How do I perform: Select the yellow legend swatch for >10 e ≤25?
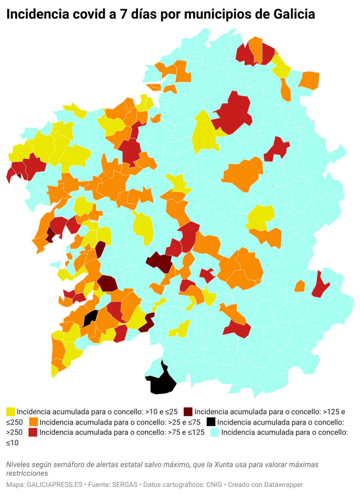pos(10,411)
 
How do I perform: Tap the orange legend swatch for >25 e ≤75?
pos(34,422)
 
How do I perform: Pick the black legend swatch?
pos(211,422)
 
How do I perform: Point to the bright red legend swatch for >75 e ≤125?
pos(34,432)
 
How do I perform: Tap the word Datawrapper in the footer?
pos(283,485)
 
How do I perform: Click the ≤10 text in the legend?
pos(12,443)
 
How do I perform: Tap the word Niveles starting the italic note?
pos(19,464)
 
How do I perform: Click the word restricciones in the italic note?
pos(27,474)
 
